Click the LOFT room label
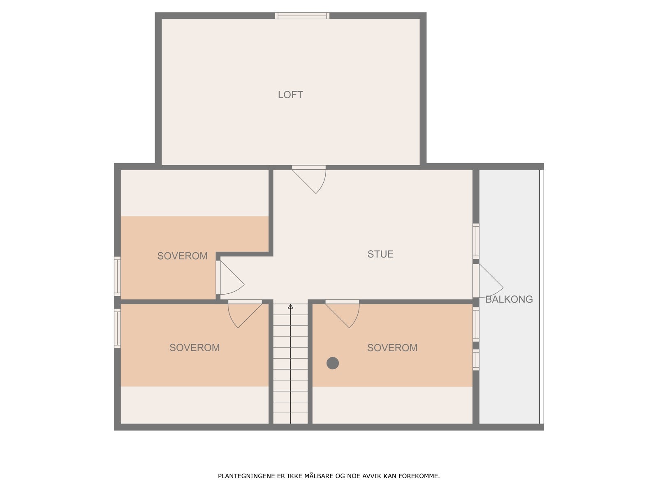pos(290,95)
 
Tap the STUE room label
pos(380,254)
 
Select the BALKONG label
pos(509,299)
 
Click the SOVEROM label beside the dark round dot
pos(392,348)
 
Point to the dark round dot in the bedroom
pos(333,363)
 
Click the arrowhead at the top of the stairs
pos(290,306)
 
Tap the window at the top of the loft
pos(302,16)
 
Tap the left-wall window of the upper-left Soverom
pos(117,276)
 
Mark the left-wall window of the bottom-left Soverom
pos(117,328)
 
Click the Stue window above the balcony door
pos(476,241)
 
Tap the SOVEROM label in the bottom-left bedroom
pos(195,348)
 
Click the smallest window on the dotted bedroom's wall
pos(476,360)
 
